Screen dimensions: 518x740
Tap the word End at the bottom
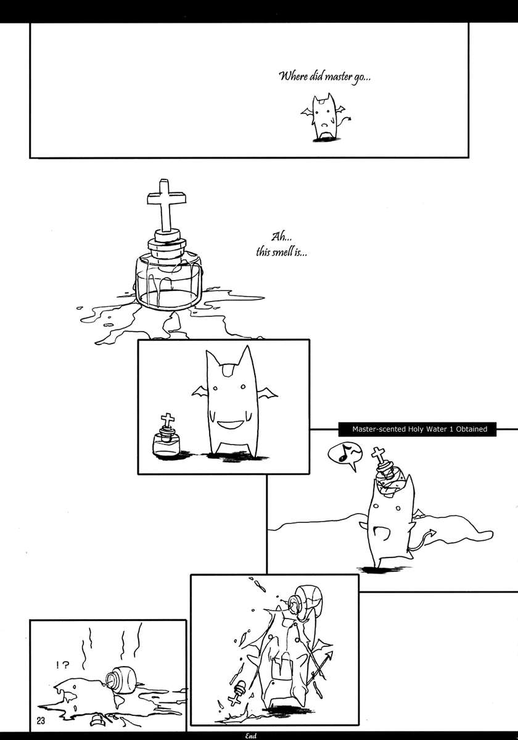250,736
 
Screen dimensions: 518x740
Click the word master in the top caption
338,77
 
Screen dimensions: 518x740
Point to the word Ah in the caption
277,237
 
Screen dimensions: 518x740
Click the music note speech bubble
345,456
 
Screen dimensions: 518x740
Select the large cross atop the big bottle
166,205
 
